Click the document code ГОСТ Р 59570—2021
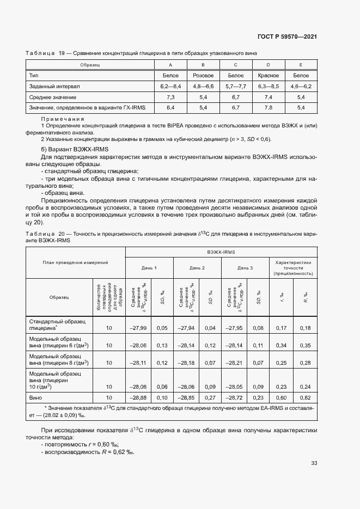pos(288,37)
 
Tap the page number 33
pos(314,463)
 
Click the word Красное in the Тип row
pos(268,76)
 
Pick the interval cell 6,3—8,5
pos(268,86)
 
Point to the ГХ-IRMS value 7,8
pos(268,108)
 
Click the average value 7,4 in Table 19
pos(268,97)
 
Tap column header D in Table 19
pos(268,65)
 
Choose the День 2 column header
pos(197,268)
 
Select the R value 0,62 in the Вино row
pos(305,398)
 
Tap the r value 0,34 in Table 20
pos(282,345)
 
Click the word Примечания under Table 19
pos(63,118)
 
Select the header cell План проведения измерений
pos(76,262)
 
